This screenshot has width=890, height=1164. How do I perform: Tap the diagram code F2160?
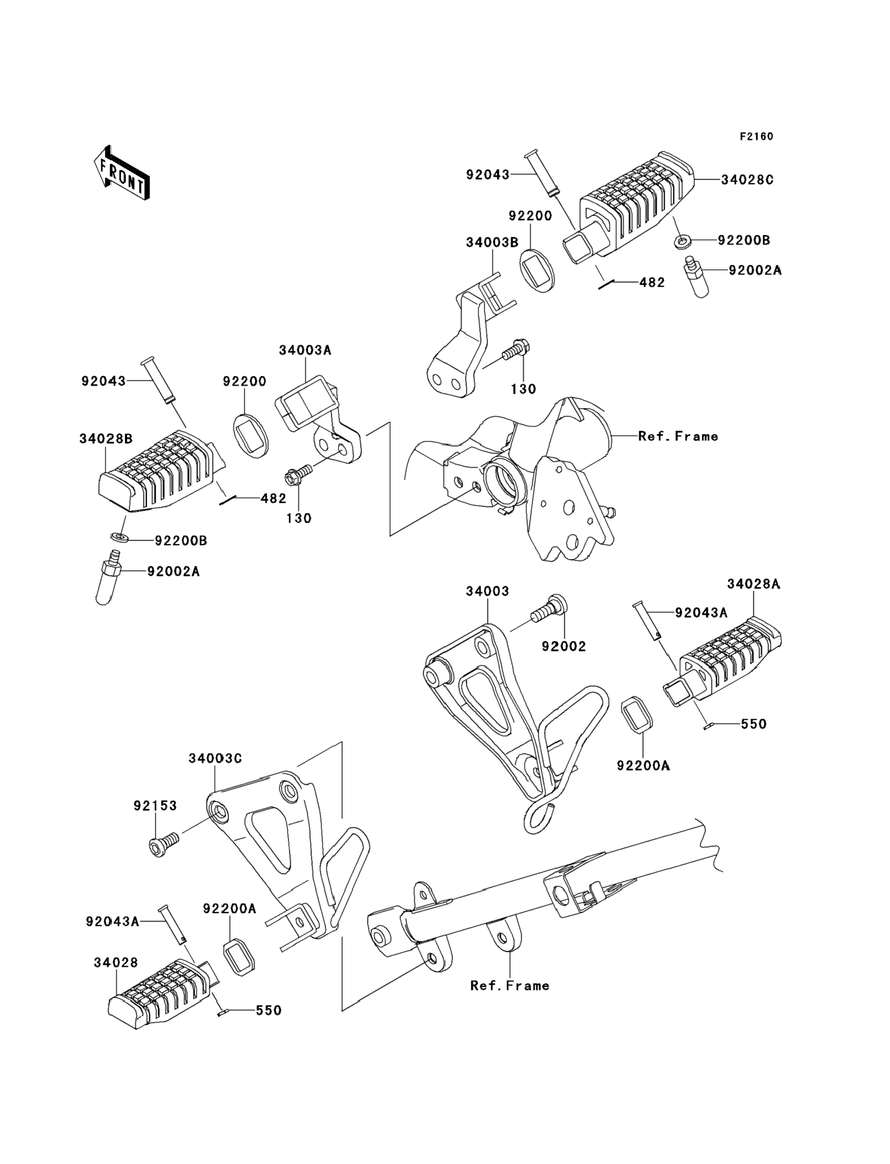(x=757, y=137)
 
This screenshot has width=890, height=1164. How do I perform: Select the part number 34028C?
(x=747, y=180)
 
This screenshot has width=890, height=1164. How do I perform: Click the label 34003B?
(x=492, y=242)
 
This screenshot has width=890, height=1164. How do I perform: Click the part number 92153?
(x=155, y=806)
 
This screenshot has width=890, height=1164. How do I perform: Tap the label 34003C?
(x=215, y=759)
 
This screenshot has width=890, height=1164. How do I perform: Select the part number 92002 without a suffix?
(x=564, y=646)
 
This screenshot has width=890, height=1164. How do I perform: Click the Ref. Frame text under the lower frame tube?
(x=510, y=985)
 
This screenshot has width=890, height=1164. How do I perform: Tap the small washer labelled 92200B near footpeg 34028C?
(x=682, y=242)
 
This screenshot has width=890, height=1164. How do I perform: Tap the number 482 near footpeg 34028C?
(x=652, y=282)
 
